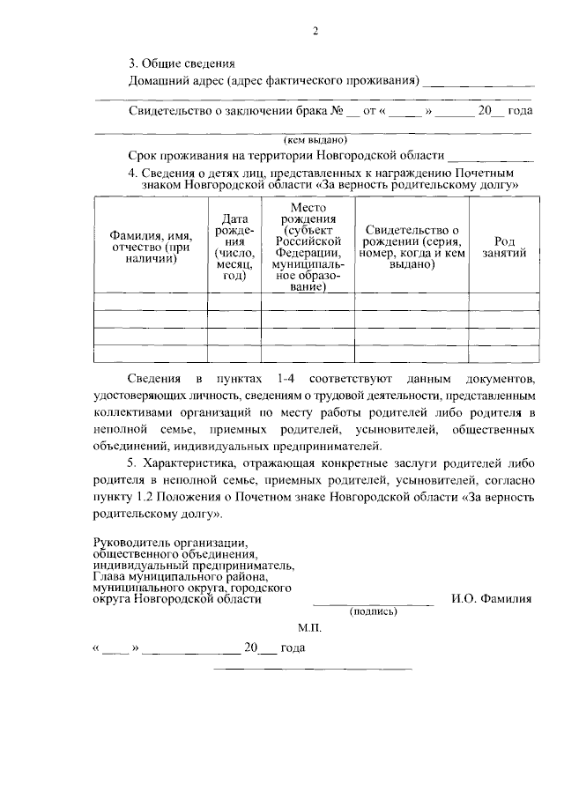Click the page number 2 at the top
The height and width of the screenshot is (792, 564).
[x=315, y=33]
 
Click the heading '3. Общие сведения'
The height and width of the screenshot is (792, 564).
[x=182, y=63]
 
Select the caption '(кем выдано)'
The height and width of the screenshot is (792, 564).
[x=315, y=139]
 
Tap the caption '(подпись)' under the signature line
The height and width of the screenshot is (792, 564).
[x=374, y=611]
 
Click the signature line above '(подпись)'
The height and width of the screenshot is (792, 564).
[x=374, y=603]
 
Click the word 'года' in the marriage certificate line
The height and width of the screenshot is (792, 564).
[x=522, y=112]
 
